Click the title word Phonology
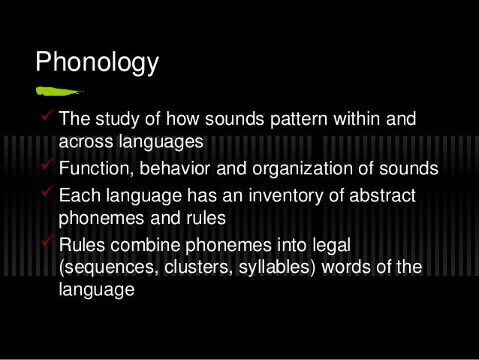click(97, 62)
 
